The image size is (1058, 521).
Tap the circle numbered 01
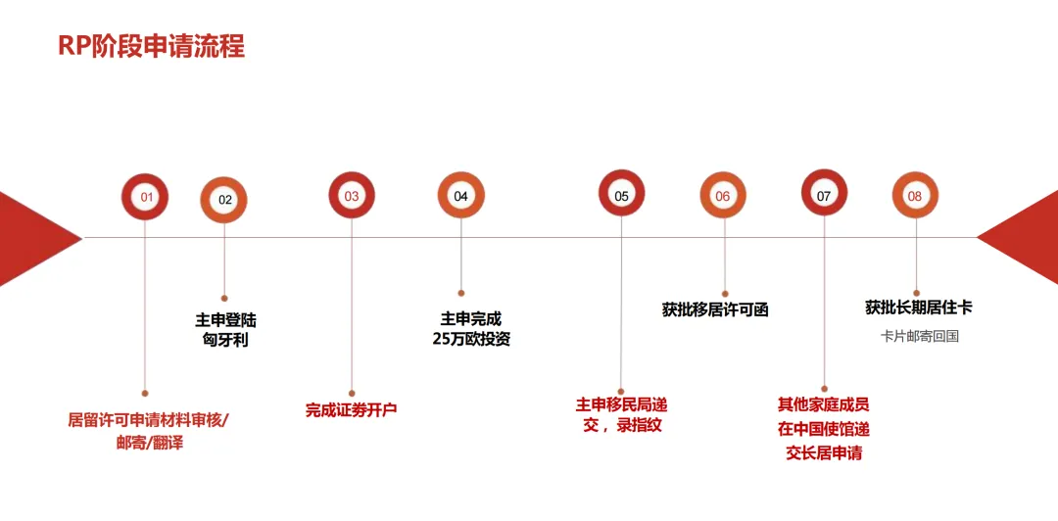(145, 197)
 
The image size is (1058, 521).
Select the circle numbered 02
(224, 200)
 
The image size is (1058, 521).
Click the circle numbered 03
(352, 196)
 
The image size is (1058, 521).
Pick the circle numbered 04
(460, 196)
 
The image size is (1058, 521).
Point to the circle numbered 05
(622, 195)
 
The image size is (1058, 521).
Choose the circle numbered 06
(723, 196)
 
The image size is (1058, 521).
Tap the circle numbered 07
(824, 195)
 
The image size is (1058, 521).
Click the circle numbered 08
(915, 196)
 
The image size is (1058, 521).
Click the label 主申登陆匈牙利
(225, 330)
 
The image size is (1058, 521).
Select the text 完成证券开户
(351, 410)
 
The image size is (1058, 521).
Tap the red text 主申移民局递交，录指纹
(621, 414)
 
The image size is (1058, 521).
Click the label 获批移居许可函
(715, 309)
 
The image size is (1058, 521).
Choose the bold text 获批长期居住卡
(918, 308)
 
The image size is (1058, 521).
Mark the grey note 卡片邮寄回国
(918, 336)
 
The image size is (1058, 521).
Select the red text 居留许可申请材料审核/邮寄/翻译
(148, 431)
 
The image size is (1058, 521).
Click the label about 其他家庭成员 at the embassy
(823, 429)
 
